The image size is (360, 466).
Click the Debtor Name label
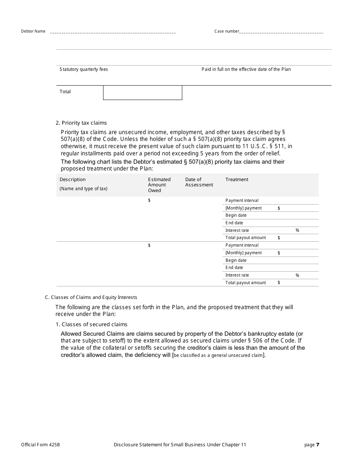point(33,31)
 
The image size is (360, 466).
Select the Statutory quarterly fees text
point(84,69)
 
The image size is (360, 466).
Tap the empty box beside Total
point(142,92)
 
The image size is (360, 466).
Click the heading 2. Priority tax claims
point(81,123)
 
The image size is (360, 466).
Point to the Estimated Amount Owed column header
point(159,185)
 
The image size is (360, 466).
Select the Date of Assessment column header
point(199,182)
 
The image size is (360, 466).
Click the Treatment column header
point(237,180)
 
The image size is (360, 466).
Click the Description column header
point(73,180)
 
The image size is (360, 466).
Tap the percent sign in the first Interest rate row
point(297,230)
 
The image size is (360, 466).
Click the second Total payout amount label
point(246,283)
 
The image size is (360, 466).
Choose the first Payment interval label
point(242,200)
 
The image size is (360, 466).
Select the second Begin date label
point(236,260)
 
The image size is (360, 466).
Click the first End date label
point(234,223)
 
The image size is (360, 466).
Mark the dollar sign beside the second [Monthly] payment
point(279,253)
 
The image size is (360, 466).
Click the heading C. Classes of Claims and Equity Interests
point(91,297)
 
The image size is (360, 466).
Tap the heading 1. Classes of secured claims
point(91,324)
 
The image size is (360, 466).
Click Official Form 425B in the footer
point(41,445)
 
